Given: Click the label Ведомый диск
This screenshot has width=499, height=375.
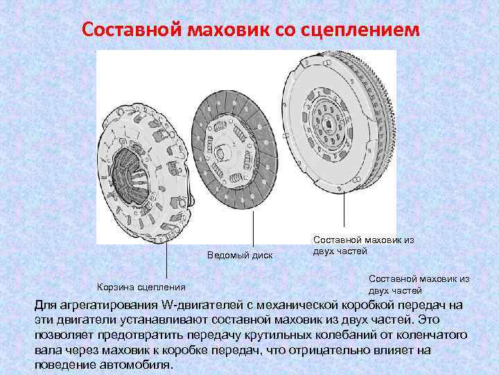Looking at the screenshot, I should [x=240, y=256].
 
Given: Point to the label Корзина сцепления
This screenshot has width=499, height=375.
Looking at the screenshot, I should [x=141, y=286].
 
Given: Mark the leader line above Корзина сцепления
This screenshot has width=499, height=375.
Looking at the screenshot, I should [x=166, y=260].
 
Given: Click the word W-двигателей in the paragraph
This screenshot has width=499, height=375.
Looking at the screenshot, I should [x=201, y=305].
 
